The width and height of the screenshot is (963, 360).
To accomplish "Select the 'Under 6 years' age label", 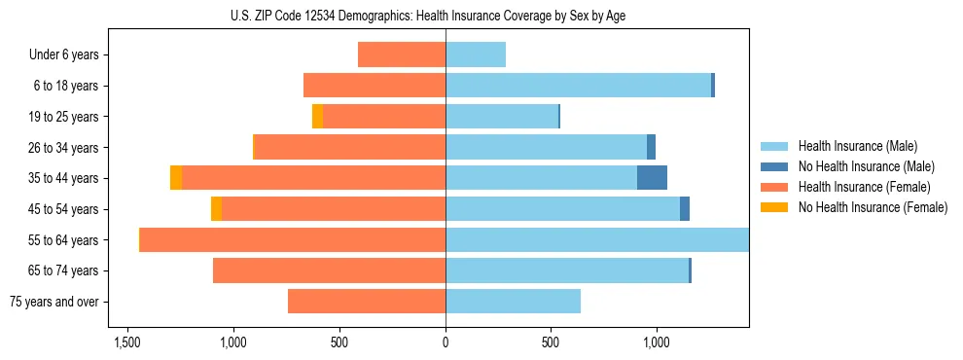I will (x=63, y=54).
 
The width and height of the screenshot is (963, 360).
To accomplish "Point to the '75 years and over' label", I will (x=54, y=302).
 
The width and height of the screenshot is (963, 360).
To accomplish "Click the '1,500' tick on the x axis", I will (x=127, y=343).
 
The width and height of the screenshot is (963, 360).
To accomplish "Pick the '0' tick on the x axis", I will (x=446, y=343).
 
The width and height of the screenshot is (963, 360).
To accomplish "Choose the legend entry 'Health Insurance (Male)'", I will (x=856, y=146).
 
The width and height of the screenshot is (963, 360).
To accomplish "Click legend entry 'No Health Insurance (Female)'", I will (x=872, y=207).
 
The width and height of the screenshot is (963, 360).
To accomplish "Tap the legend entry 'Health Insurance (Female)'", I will (x=863, y=187).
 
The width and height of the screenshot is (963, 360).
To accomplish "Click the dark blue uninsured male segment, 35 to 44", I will (x=652, y=178).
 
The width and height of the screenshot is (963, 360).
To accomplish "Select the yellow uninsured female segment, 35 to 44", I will (x=176, y=178).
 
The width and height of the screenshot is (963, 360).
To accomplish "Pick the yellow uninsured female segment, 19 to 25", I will (x=317, y=117).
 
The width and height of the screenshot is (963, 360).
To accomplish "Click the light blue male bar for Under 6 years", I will (x=476, y=54).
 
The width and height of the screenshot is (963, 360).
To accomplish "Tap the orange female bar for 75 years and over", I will (x=367, y=302).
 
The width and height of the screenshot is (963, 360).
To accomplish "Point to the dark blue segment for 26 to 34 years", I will (x=651, y=147).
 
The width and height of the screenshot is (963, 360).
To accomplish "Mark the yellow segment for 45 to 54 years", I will (x=216, y=209).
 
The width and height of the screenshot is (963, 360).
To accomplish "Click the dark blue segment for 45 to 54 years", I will (x=685, y=209).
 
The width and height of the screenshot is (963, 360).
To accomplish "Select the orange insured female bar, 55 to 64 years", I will (x=293, y=239).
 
